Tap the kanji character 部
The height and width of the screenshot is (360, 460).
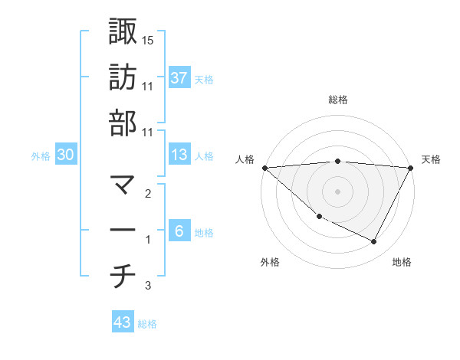(x=123, y=123)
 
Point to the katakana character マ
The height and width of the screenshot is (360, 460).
(x=123, y=185)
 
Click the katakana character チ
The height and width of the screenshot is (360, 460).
(x=123, y=277)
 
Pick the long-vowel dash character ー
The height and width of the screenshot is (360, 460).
(x=123, y=231)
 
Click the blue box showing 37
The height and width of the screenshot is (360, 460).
(x=179, y=77)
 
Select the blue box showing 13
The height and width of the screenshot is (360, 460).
(x=179, y=155)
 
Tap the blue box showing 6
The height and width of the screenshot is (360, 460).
(x=179, y=231)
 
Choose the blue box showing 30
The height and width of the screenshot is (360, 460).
(x=66, y=155)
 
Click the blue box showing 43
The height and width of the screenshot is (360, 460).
(x=123, y=322)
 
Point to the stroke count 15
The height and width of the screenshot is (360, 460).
(x=148, y=40)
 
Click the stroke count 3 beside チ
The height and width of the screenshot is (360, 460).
(x=148, y=286)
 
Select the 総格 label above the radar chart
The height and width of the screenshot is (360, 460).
(x=338, y=100)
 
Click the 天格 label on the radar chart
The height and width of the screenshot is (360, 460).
(x=432, y=159)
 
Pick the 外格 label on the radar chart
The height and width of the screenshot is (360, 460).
(x=270, y=263)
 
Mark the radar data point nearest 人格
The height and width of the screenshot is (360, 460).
(x=264, y=168)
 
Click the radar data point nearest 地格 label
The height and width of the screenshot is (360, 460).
(x=374, y=242)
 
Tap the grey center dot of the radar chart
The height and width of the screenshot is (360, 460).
(x=338, y=191)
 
